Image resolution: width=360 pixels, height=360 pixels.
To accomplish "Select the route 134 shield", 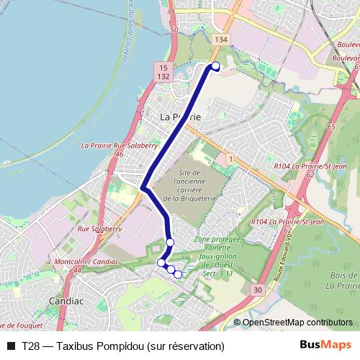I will [220, 39].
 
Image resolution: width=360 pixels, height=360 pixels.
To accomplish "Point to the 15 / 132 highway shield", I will [163, 71].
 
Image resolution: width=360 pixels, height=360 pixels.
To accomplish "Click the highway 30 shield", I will [257, 289].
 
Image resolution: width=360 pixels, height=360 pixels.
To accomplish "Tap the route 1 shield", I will [229, 157].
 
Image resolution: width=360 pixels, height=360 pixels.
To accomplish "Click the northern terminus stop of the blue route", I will [215, 66].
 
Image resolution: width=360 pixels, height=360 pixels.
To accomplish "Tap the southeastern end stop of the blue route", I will [178, 274].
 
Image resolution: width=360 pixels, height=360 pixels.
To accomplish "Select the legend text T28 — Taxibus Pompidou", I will [123, 346].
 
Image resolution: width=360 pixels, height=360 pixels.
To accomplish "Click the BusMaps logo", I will [325, 346].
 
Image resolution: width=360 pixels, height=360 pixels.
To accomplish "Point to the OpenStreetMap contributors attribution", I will [297, 323].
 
